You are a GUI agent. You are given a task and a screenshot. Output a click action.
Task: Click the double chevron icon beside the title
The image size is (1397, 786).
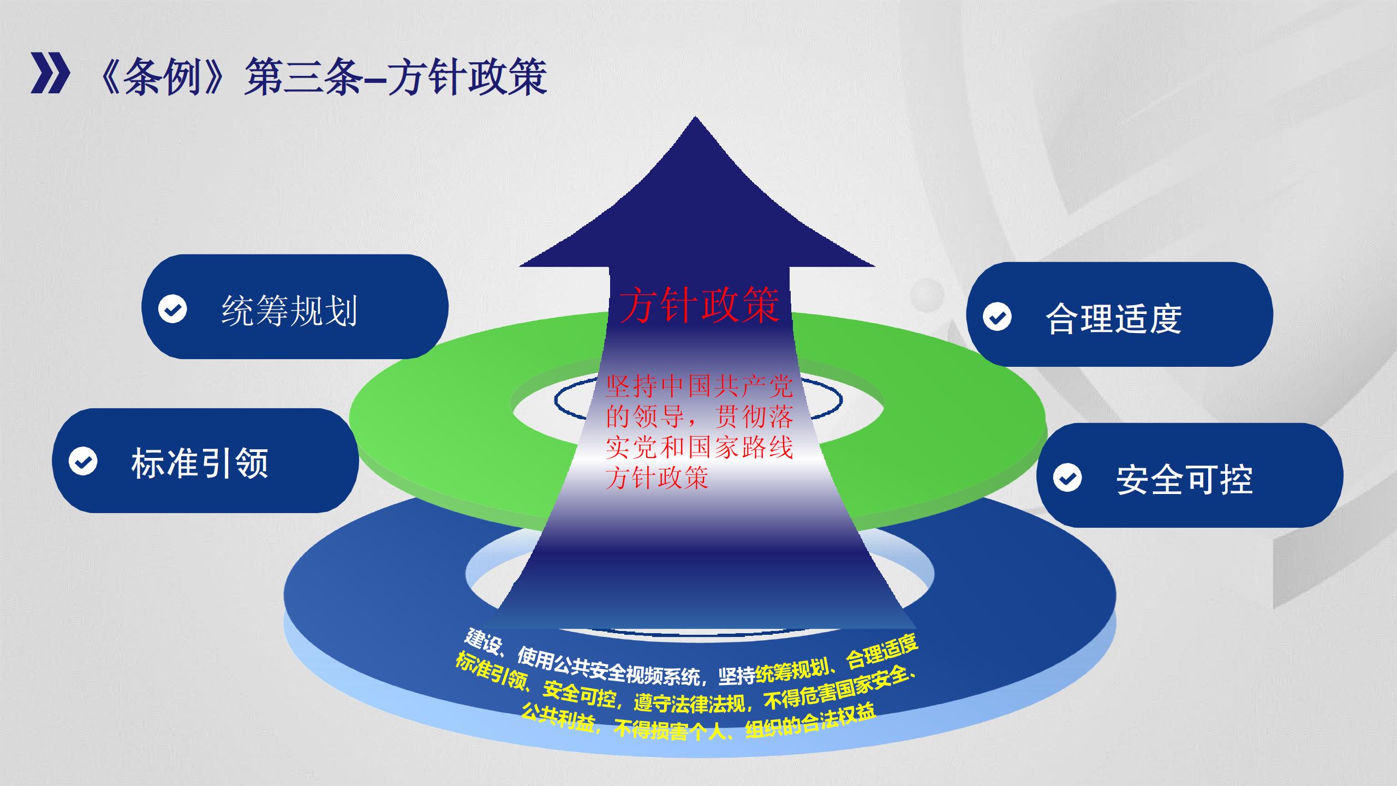pyautogui.click(x=50, y=73)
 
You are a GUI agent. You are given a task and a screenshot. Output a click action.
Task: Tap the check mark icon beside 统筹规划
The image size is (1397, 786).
pyautogui.click(x=172, y=309)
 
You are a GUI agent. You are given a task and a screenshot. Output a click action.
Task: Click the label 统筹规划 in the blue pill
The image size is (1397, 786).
pyautogui.click(x=289, y=311)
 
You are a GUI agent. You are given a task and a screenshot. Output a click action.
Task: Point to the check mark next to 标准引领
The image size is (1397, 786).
pyautogui.click(x=83, y=461)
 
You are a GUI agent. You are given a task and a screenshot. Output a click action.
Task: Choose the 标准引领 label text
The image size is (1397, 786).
pyautogui.click(x=200, y=463)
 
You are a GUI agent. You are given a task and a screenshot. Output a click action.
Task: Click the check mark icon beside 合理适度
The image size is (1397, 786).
pyautogui.click(x=997, y=317)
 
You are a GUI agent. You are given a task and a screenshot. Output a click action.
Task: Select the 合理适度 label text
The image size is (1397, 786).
pyautogui.click(x=1114, y=318)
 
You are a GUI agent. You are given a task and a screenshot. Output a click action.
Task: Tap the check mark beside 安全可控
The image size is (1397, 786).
pyautogui.click(x=1067, y=478)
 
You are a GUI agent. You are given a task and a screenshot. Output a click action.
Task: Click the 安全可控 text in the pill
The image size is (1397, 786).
pyautogui.click(x=1184, y=480)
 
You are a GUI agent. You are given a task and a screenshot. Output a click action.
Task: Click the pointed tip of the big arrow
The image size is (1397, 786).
pyautogui.click(x=695, y=117)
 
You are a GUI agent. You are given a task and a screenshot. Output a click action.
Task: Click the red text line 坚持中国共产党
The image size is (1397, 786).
pyautogui.click(x=699, y=386)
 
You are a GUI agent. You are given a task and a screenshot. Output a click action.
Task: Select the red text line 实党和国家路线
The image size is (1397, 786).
pyautogui.click(x=699, y=448)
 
